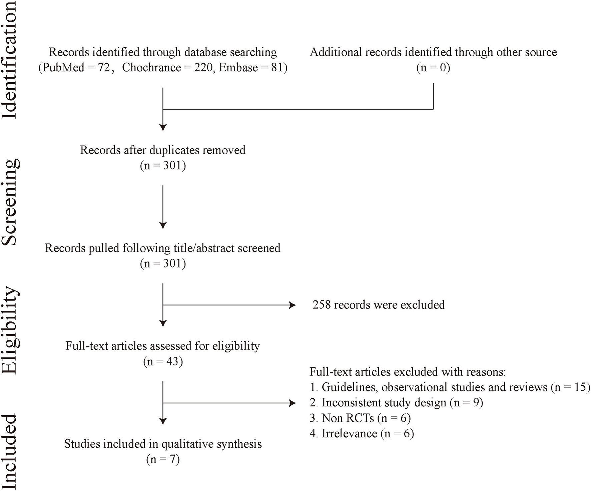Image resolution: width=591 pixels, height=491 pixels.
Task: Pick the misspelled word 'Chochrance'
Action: coord(151,68)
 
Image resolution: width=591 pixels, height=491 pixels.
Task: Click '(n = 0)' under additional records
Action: coord(433,68)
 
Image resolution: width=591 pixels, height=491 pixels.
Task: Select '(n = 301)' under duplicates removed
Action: coord(163,166)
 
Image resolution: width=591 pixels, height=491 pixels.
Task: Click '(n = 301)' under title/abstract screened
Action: coord(163,263)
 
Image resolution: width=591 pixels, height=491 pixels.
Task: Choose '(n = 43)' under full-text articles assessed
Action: coord(163,361)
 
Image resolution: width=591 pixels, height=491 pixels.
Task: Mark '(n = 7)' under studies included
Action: coord(163,459)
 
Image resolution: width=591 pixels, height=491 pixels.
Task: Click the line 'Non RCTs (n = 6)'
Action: coord(360,418)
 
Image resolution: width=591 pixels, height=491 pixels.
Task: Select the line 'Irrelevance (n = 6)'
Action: coord(362,433)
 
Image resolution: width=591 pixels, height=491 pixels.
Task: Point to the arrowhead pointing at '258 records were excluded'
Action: coord(292,305)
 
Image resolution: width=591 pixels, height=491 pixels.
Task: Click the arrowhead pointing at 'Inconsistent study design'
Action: coord(292,403)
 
